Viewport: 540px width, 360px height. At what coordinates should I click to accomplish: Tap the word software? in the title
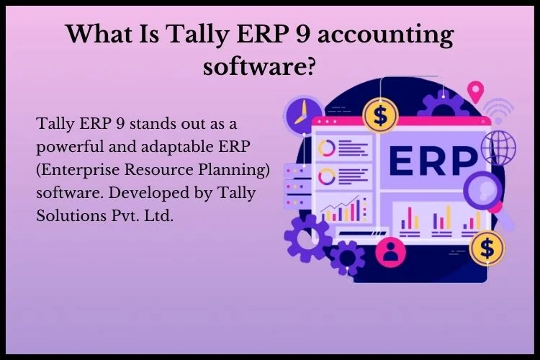259,66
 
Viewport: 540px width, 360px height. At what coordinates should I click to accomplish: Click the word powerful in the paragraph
71,148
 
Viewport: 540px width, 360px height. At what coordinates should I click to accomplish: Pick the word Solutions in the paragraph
71,216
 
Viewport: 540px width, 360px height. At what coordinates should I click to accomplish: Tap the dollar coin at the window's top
381,115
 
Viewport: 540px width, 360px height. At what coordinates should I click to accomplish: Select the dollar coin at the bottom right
487,248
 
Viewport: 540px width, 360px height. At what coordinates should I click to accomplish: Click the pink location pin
475,91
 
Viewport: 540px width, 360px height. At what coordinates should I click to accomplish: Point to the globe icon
498,148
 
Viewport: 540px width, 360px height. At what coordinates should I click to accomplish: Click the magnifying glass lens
482,189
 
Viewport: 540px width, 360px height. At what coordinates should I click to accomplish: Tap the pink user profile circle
390,253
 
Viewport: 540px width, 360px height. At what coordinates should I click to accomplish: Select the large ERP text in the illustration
433,161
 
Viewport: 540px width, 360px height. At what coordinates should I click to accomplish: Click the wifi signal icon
498,110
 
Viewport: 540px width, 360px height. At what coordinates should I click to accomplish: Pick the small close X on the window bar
483,121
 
